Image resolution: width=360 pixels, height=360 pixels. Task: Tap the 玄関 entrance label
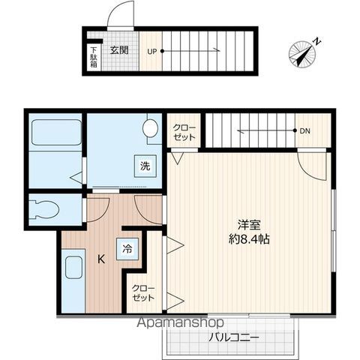(118, 51)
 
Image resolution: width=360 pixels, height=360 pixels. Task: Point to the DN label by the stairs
(304, 132)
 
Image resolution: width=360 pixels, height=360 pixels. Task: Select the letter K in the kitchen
(100, 259)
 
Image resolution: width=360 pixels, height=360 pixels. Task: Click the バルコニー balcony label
(234, 337)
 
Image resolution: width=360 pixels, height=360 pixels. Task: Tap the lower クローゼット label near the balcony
(142, 292)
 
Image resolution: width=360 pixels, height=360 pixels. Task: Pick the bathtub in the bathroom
(55, 133)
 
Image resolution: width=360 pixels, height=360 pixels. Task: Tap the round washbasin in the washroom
(152, 128)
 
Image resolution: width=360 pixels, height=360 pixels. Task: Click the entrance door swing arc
(119, 16)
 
